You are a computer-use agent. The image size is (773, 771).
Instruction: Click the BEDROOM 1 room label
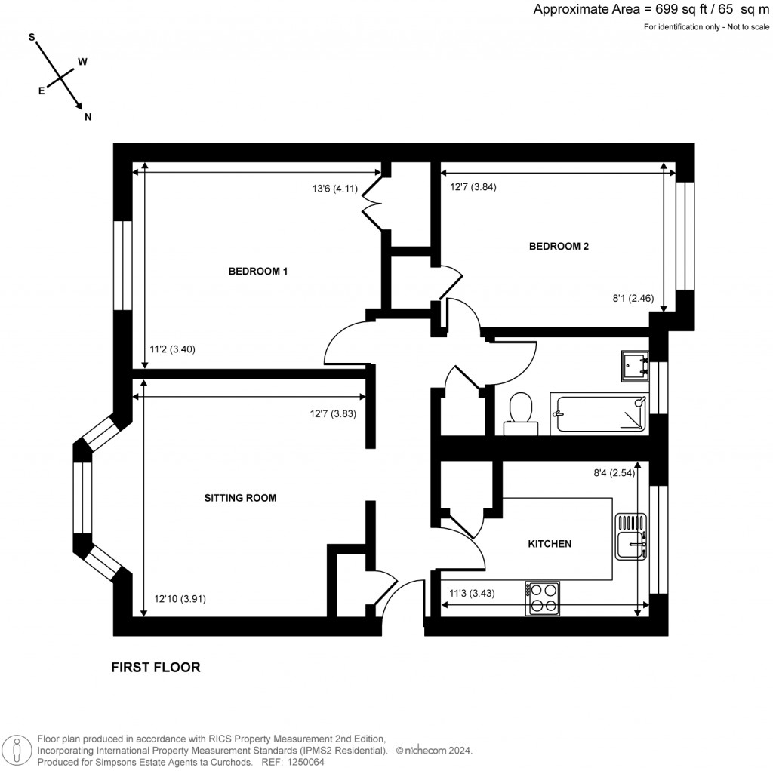[x=258, y=272]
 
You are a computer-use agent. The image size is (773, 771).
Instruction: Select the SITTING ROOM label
[x=240, y=498]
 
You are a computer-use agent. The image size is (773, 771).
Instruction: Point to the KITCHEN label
[x=549, y=543]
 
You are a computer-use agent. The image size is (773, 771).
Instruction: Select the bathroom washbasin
[x=635, y=364]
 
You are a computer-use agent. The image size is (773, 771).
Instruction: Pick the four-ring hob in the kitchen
[x=543, y=597]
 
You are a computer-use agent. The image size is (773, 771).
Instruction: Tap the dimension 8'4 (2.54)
[x=612, y=474]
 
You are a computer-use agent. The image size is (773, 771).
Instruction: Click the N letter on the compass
[x=88, y=117]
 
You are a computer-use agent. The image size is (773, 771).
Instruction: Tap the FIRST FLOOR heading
[x=156, y=667]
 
